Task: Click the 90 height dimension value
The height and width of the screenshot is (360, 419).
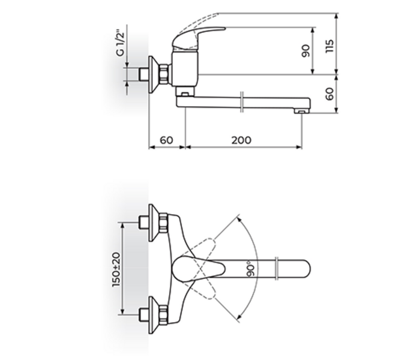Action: (x=306, y=51)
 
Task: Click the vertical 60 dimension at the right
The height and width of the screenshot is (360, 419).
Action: (x=328, y=94)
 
